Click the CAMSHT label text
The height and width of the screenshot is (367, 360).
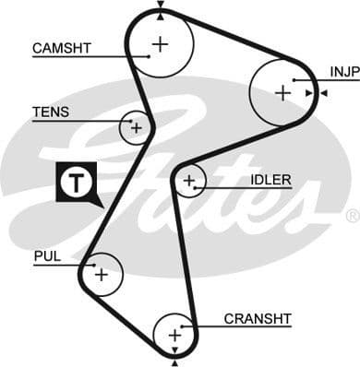click(61, 47)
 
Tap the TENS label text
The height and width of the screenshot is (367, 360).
click(51, 112)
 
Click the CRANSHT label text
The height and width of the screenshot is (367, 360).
click(258, 319)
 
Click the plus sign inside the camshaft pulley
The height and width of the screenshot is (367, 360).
click(161, 43)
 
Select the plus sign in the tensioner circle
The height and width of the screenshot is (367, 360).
click(136, 127)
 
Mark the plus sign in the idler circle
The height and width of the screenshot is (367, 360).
click(189, 181)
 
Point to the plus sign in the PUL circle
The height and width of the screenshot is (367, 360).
click(101, 274)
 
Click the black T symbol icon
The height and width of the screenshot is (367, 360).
click(73, 183)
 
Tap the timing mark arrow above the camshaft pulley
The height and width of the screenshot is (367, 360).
click(161, 6)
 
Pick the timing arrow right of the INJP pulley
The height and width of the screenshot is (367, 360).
click(320, 93)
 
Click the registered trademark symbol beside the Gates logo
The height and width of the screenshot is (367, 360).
click(352, 216)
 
